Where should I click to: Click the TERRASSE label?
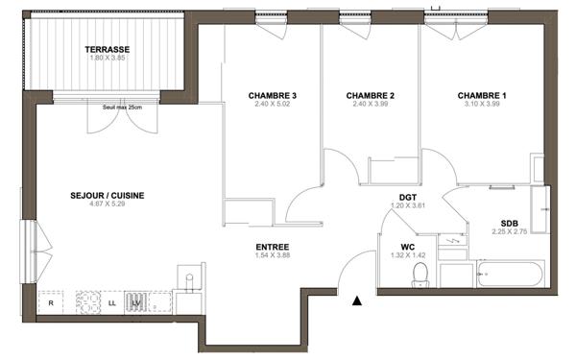pyautogui.click(x=107, y=49)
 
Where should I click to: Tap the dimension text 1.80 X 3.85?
pyautogui.click(x=107, y=59)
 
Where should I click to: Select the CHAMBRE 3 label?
pyautogui.click(x=272, y=95)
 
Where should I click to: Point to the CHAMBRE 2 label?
pyautogui.click(x=371, y=95)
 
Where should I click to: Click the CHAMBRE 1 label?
pyautogui.click(x=481, y=95)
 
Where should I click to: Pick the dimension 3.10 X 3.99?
pyautogui.click(x=481, y=105)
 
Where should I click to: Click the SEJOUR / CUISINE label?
pyautogui.click(x=108, y=195)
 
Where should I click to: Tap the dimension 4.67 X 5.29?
pyautogui.click(x=108, y=204)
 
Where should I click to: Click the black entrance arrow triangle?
pyautogui.click(x=357, y=301)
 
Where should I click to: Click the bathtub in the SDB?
pyautogui.click(x=508, y=274)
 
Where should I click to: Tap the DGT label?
pyautogui.click(x=407, y=195)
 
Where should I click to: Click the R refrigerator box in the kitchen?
pyautogui.click(x=51, y=303)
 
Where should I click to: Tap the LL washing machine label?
pyautogui.click(x=114, y=303)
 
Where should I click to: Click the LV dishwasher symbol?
pyautogui.click(x=137, y=303)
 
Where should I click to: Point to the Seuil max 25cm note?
pyautogui.click(x=122, y=107)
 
